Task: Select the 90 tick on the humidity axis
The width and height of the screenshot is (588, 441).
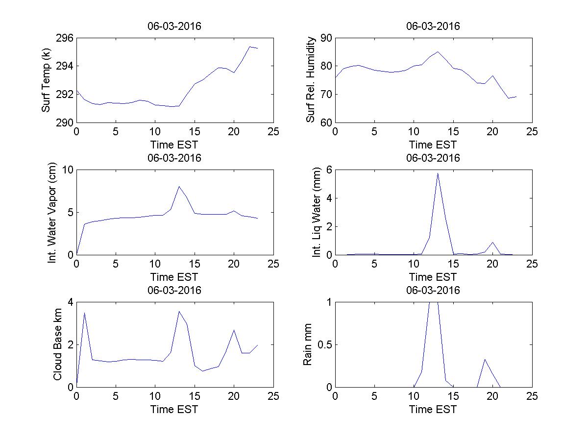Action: coord(325,38)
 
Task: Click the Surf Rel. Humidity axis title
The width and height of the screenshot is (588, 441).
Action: coord(310,80)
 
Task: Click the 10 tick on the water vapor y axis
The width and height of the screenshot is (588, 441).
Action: coord(67,170)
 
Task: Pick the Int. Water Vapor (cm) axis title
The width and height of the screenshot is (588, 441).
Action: coord(52,212)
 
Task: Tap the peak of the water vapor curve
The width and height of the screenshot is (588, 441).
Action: coord(179,186)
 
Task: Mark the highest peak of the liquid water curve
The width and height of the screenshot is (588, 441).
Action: coord(438,173)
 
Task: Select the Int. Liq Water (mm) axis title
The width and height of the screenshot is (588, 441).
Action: coord(317,212)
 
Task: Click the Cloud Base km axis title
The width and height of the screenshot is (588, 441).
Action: coord(57,344)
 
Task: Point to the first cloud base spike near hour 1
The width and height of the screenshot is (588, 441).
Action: coord(84,313)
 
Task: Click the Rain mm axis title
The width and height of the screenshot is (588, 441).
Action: coord(308,344)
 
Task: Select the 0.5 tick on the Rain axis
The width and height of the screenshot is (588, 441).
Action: coord(322,344)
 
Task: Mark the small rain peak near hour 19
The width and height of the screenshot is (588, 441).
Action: coord(485,359)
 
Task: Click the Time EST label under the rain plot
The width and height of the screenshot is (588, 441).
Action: coord(433,409)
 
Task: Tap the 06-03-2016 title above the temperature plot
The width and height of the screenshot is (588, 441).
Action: coord(174,26)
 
